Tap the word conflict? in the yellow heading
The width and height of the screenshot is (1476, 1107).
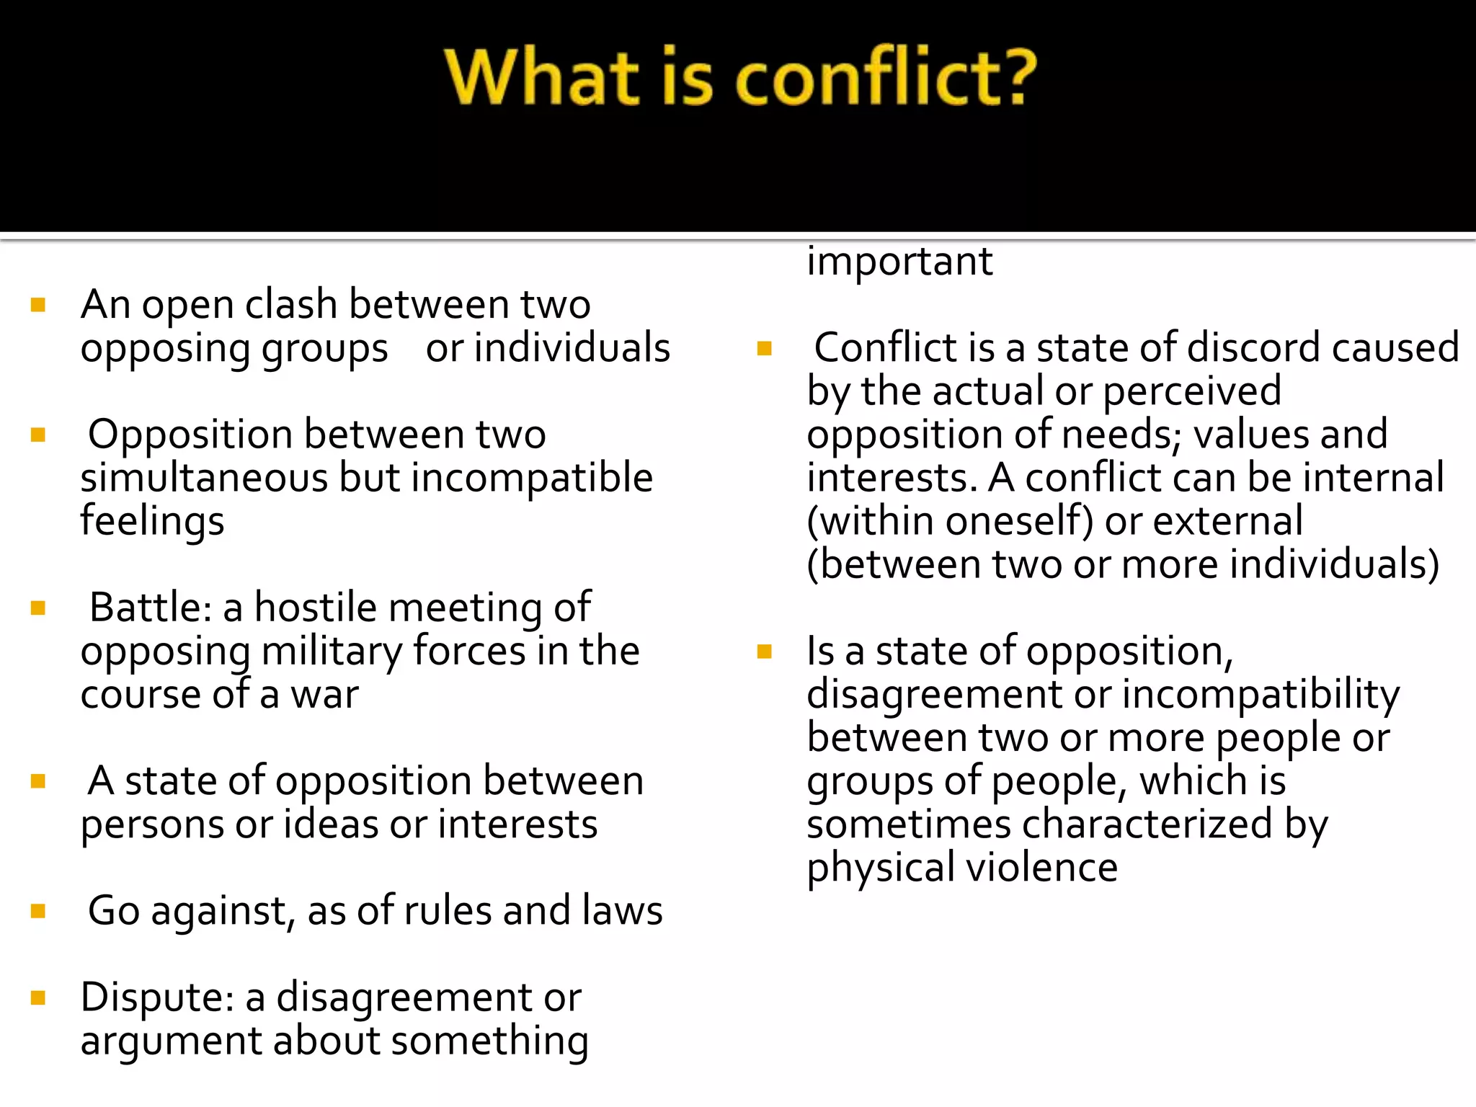pyautogui.click(x=886, y=78)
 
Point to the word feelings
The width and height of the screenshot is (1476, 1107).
pyautogui.click(x=152, y=522)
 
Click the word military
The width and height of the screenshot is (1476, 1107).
pyautogui.click(x=332, y=652)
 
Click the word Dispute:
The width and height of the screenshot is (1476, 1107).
pyautogui.click(x=157, y=998)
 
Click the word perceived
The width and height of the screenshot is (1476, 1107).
pyautogui.click(x=1192, y=391)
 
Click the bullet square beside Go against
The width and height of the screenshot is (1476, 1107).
pyautogui.click(x=39, y=912)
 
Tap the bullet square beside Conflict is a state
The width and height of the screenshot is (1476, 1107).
pyautogui.click(x=765, y=350)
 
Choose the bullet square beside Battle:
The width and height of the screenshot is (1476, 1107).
pyautogui.click(x=39, y=608)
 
